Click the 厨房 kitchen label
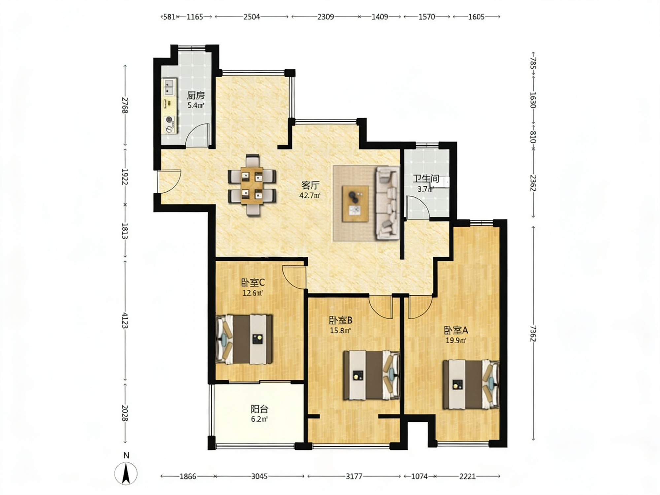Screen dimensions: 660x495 point(196,96)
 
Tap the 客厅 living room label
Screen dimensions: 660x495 point(310,185)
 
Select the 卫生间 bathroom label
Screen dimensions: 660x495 point(426,179)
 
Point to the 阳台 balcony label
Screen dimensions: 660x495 point(259,409)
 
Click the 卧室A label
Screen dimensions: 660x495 point(456,330)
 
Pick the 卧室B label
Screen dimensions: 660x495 point(341,320)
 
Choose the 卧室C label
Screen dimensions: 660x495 point(253,282)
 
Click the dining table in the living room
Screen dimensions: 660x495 point(252,185)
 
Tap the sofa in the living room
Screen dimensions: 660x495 point(387,203)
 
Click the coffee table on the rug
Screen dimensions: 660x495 point(355,204)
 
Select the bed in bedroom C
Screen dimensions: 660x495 point(244,339)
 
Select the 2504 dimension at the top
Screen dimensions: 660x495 point(252,16)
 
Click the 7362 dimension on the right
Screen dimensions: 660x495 point(533,333)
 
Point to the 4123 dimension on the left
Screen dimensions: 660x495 point(125,320)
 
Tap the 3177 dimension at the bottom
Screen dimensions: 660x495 point(354,476)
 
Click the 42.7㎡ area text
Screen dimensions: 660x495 point(310,195)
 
